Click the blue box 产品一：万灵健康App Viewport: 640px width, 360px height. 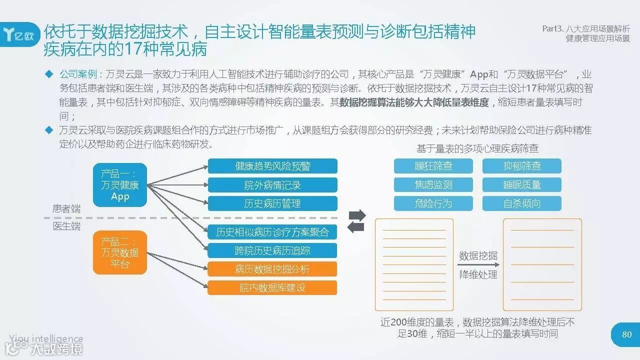[120, 185]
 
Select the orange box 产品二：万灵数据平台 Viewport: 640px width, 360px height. [120, 252]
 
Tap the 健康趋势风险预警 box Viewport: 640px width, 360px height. [272, 166]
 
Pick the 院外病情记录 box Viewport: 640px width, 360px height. [272, 185]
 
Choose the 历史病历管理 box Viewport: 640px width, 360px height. [272, 203]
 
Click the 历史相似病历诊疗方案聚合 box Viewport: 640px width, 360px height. [272, 232]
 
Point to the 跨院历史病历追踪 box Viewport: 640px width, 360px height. [272, 250]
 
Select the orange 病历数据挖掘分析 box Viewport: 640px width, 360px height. [272, 269]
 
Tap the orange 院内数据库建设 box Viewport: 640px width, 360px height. [272, 287]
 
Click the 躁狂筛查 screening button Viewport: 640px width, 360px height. [433, 166]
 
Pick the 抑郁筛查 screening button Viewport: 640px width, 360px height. [522, 166]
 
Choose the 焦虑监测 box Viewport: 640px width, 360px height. [433, 184]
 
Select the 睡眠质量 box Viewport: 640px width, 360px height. [522, 184]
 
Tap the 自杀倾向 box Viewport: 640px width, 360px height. [522, 203]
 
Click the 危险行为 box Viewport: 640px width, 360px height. [433, 203]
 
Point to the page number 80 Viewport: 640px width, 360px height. [626, 334]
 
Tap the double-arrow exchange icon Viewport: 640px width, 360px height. [356, 221]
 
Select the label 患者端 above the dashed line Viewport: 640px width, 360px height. [66, 208]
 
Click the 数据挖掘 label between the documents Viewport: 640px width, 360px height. [478, 256]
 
